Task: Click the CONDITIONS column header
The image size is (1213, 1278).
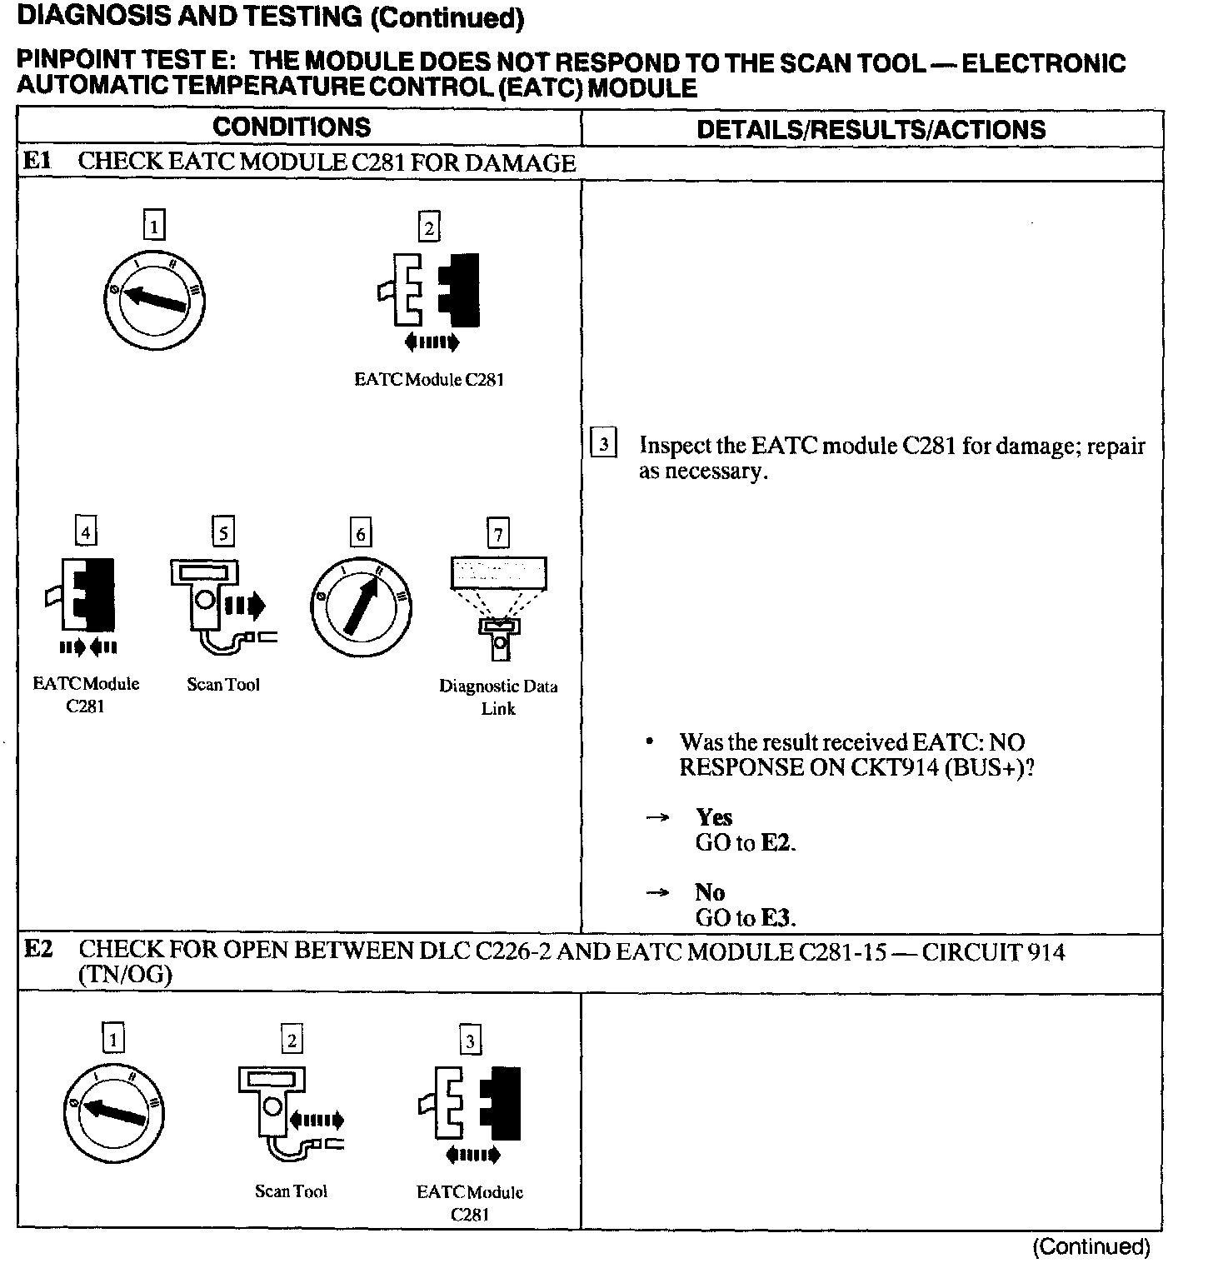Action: click(292, 127)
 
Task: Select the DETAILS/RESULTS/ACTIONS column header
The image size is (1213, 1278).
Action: click(871, 130)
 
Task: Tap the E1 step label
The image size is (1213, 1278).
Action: click(37, 161)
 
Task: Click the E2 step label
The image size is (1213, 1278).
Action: click(38, 949)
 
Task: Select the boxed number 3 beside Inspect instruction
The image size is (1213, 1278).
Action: click(603, 442)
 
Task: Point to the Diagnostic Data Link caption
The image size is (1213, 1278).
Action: click(498, 697)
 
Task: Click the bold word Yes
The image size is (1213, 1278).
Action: click(714, 817)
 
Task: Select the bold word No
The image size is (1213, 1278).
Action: click(710, 892)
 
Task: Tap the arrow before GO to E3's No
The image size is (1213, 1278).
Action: click(658, 892)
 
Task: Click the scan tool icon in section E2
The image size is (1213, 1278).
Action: click(287, 1112)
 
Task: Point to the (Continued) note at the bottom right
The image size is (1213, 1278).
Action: click(1091, 1246)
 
